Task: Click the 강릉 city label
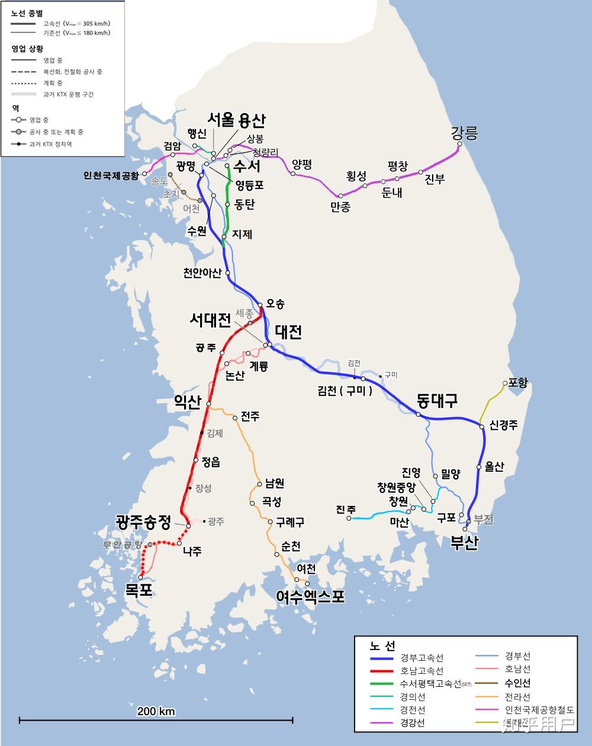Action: tap(464, 133)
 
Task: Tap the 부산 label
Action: tap(464, 542)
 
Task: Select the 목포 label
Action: tap(139, 590)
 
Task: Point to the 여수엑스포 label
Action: tap(310, 596)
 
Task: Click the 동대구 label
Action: tap(437, 401)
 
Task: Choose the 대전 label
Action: tap(288, 332)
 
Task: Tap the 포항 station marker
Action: tap(505, 383)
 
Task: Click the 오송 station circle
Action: tap(260, 306)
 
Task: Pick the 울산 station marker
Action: tap(479, 467)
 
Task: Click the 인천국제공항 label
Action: tap(111, 176)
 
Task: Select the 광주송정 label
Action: tap(143, 522)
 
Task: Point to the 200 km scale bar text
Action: tap(156, 711)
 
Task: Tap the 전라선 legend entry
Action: tap(517, 697)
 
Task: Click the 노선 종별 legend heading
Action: tap(27, 13)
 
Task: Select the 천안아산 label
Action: tap(202, 273)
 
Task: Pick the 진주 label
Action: tap(346, 509)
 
